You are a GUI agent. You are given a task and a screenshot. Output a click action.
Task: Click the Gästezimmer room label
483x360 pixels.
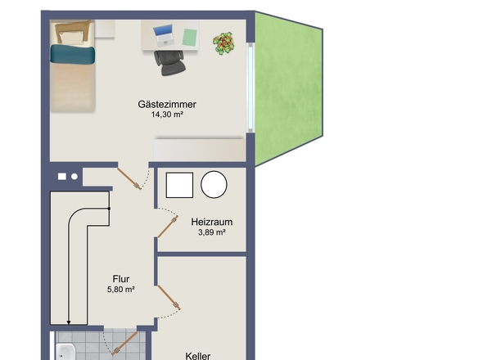[x=167, y=104]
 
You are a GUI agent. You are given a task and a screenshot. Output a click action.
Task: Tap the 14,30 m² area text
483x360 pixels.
[x=167, y=115]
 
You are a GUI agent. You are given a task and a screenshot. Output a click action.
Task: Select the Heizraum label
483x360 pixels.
[x=212, y=222]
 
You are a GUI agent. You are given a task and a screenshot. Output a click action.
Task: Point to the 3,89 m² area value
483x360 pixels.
[x=212, y=232]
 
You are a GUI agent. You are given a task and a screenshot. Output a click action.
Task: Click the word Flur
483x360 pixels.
[x=121, y=279]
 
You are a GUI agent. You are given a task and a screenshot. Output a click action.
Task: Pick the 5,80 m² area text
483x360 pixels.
[x=121, y=290]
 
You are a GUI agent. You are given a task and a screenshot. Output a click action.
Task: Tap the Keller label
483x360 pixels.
[x=198, y=356]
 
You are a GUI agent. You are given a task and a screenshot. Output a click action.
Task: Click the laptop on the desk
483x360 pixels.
[x=164, y=35]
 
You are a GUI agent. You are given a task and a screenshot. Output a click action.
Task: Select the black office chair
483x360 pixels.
[x=169, y=62]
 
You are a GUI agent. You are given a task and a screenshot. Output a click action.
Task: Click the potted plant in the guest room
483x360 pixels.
[x=223, y=43]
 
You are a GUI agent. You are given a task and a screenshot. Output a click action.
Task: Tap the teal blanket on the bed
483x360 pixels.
[x=72, y=54]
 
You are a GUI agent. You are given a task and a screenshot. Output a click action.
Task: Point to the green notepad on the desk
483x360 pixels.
[x=189, y=38]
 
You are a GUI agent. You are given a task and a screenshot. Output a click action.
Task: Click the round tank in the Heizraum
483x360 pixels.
[x=214, y=184]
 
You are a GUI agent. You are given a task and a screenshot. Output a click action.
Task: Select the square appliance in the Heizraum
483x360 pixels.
[x=179, y=185]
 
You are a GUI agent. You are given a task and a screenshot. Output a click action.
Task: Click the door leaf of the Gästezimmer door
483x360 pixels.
[x=129, y=178]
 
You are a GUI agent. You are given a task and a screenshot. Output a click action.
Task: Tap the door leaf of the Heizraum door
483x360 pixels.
[x=168, y=227]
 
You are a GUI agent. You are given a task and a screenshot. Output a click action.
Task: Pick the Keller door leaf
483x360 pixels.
[x=169, y=297]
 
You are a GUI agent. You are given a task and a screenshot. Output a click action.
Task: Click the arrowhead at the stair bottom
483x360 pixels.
[x=69, y=322]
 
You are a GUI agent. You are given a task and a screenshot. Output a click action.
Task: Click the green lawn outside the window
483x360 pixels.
[x=288, y=89]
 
